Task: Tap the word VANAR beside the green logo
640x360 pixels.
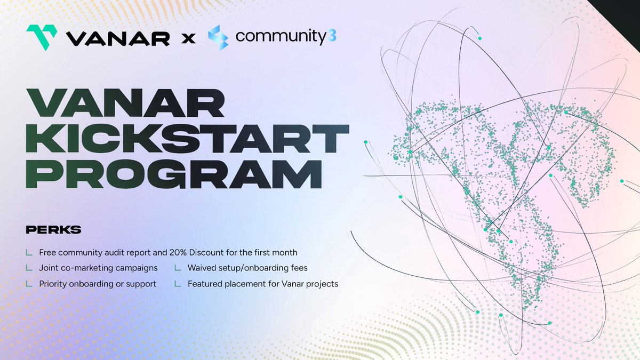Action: (118, 38)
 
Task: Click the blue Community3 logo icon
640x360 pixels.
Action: (218, 37)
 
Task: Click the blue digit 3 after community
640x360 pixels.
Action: (332, 37)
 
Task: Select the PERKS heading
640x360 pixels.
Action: (53, 230)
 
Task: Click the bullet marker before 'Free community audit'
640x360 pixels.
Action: (28, 252)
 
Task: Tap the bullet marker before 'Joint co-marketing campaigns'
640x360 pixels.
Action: (28, 268)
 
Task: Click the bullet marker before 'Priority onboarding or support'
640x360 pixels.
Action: (28, 284)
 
